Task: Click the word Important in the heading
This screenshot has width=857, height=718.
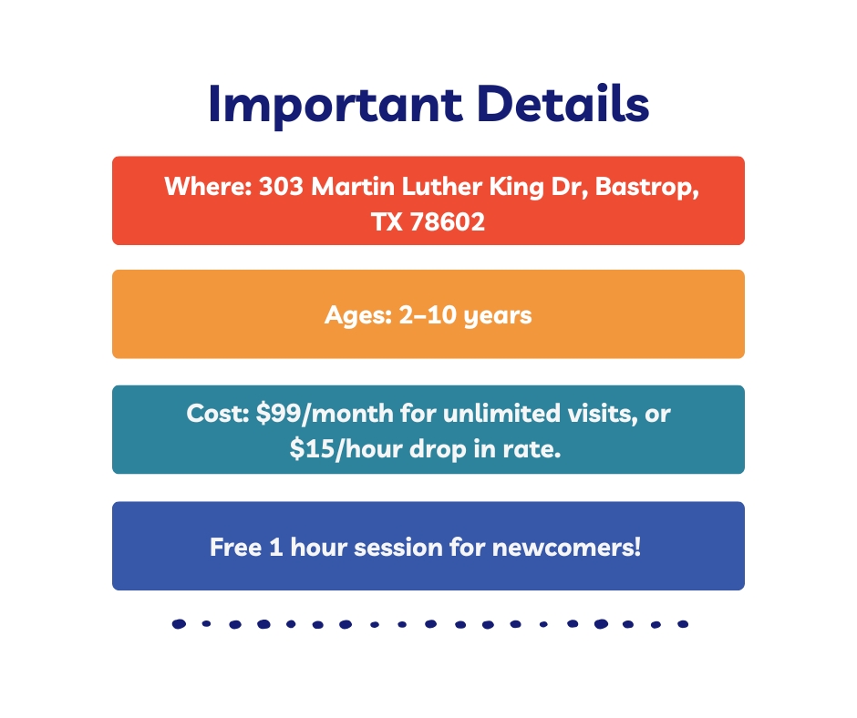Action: [x=336, y=106]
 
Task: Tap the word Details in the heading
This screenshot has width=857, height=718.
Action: [x=563, y=103]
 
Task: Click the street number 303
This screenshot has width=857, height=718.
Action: [x=281, y=186]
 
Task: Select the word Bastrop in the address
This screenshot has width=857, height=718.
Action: [x=646, y=188]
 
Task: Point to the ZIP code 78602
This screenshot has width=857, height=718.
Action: [x=447, y=221]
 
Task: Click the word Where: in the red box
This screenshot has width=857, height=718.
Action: [x=208, y=186]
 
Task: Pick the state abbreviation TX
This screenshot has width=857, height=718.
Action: [x=387, y=221]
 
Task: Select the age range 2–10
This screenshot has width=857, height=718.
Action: [x=428, y=314]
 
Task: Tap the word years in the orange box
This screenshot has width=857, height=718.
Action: [x=498, y=317]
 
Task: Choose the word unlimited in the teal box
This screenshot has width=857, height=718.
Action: [x=501, y=413]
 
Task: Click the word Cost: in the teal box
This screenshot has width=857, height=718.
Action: [x=218, y=413]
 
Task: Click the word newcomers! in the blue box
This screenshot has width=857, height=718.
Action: [x=567, y=548]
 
